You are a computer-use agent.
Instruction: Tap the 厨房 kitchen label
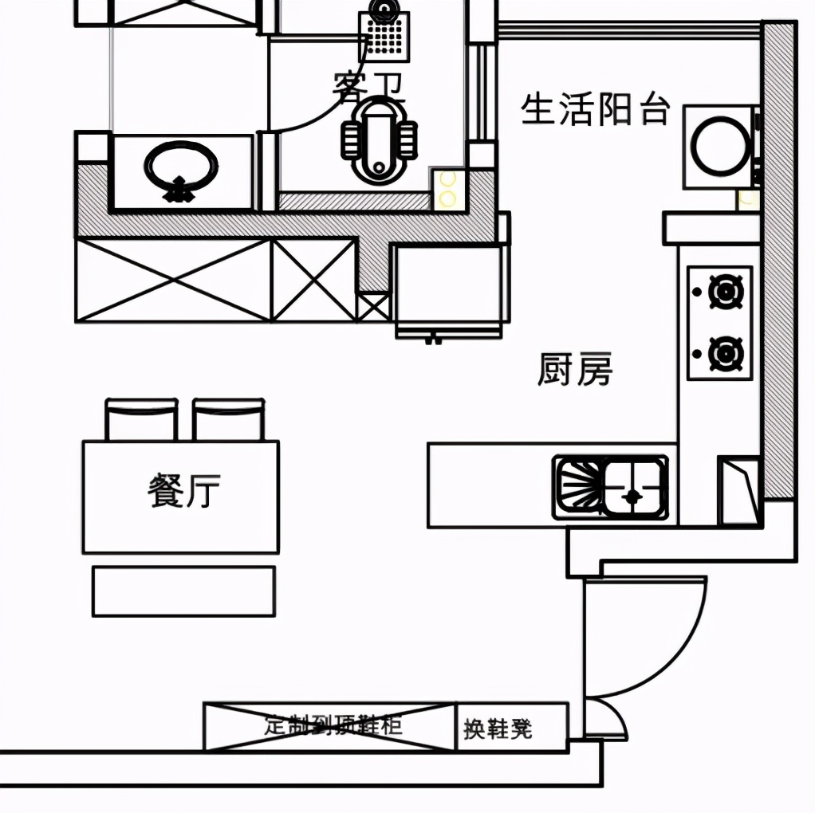coord(575,370)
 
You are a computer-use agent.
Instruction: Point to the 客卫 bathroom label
coord(368,86)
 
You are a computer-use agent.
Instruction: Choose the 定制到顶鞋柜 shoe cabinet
coord(331,726)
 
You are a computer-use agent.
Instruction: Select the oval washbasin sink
coord(181,167)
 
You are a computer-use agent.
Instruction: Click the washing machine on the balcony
coord(720,147)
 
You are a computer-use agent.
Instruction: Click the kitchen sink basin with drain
coord(634,488)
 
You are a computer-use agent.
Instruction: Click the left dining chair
coord(141,420)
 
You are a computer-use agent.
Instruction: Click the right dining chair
coord(228,420)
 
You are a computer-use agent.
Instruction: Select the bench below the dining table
coord(183,591)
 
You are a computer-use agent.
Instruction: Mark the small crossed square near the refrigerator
coord(373,307)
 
